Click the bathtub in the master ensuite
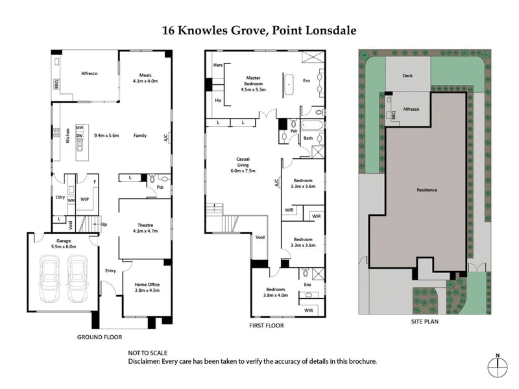coord(289,83)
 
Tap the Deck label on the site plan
coord(407,77)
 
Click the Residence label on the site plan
coord(426,190)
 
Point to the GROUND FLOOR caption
coord(99,337)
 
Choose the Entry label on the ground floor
coord(110,270)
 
